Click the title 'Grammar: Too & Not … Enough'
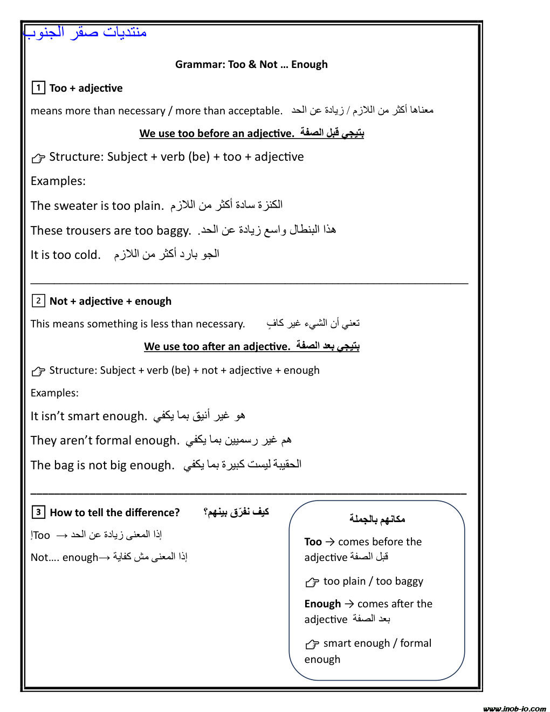click(251, 65)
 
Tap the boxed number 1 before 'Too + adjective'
click(38, 87)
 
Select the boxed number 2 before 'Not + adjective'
click(38, 300)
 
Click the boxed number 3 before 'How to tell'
click(38, 512)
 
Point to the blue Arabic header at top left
click(85, 32)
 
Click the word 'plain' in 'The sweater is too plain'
click(147, 206)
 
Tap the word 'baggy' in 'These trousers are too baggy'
click(174, 231)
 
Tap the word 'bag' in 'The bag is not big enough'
click(63, 465)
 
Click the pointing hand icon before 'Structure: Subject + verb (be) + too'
click(38, 158)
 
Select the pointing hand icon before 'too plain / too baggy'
click(312, 582)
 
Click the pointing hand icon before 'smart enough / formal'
click(312, 644)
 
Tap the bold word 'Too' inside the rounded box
click(313, 542)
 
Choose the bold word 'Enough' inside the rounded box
click(322, 604)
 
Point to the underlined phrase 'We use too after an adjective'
click(217, 346)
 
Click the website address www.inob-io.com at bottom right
click(514, 708)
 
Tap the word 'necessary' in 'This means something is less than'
click(220, 324)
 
